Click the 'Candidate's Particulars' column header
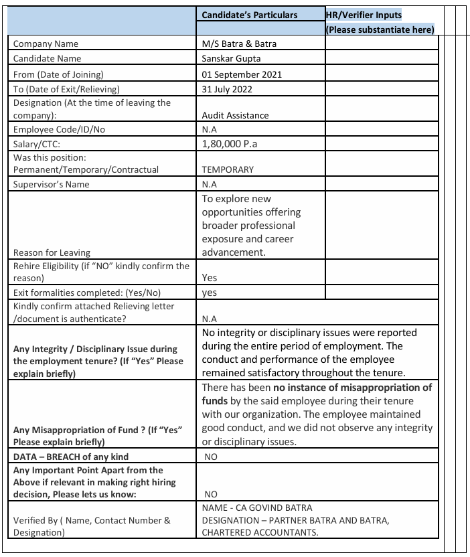(250, 15)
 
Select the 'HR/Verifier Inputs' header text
(364, 15)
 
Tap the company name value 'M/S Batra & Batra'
(239, 44)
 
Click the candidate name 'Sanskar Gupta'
(232, 59)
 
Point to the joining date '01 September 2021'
(242, 74)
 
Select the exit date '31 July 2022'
(228, 89)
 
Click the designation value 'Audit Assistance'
(235, 115)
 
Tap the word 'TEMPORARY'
(228, 169)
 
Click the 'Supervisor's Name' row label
(51, 184)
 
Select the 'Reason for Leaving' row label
(52, 252)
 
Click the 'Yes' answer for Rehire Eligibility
(210, 277)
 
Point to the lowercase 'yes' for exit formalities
(209, 293)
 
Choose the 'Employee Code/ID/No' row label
(59, 130)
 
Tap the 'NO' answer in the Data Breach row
(211, 457)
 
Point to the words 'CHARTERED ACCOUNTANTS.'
(260, 532)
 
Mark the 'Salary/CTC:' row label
(39, 143)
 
